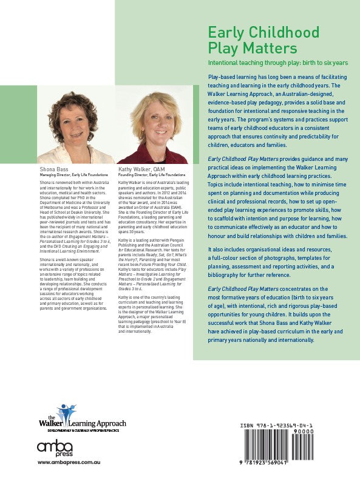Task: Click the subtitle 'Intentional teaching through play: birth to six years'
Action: tap(277, 63)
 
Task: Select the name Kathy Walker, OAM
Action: tap(141, 168)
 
